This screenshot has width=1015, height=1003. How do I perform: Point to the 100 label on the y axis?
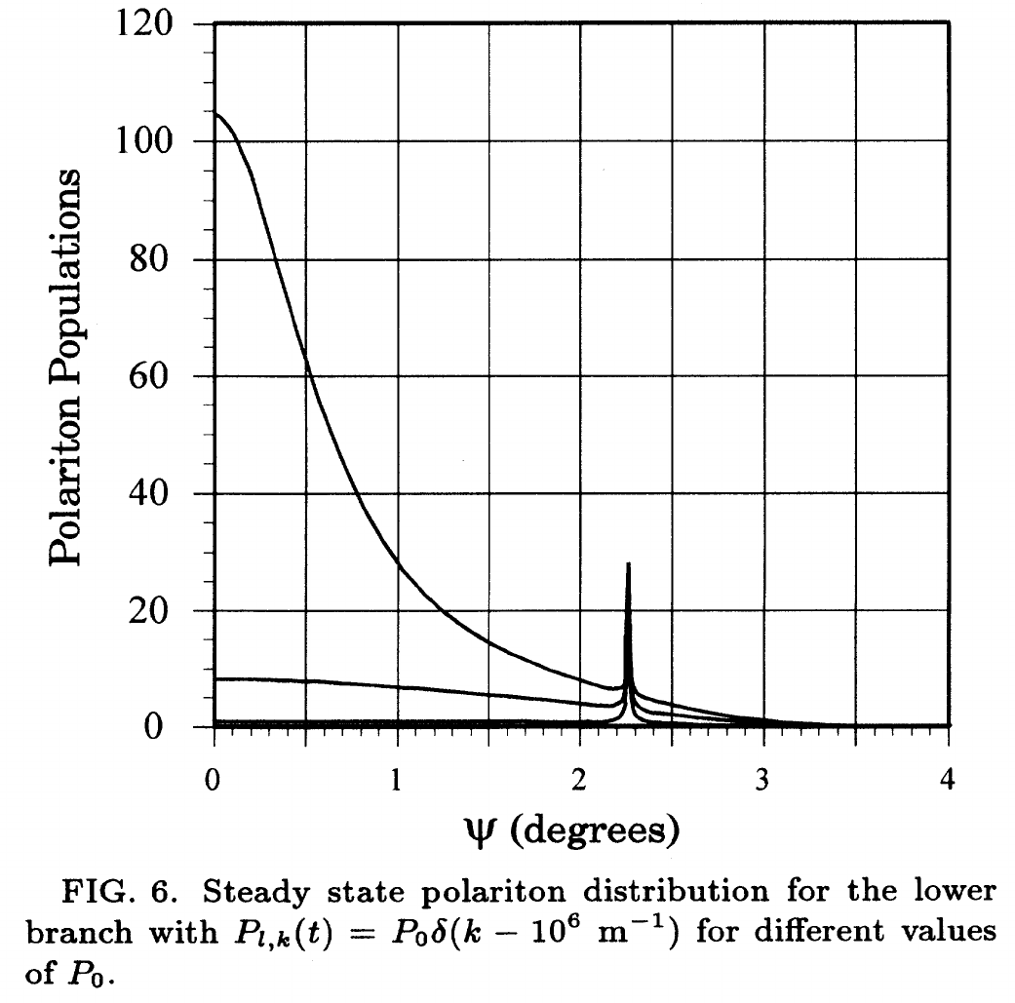[x=147, y=142]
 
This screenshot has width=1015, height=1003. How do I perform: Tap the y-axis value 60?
[x=159, y=376]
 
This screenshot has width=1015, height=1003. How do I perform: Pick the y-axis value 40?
[x=159, y=493]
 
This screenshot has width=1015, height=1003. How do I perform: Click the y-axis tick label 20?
[x=159, y=611]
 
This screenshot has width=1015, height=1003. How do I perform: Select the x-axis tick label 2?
[x=581, y=780]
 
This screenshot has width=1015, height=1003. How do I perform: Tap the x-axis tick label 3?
[x=764, y=780]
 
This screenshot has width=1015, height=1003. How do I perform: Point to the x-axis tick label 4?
[x=948, y=780]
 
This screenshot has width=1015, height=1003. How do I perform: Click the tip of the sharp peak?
[x=628, y=564]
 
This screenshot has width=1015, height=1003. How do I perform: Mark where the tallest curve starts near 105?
[x=215, y=114]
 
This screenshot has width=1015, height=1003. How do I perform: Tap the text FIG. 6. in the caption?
[x=107, y=890]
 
